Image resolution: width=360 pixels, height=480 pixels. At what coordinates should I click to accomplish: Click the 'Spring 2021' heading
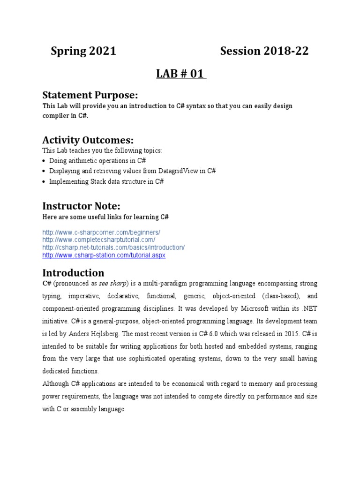pyautogui.click(x=83, y=52)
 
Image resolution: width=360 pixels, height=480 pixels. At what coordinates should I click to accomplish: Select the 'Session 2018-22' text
pyautogui.click(x=264, y=52)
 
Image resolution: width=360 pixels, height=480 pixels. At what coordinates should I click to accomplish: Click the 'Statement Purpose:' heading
pyautogui.click(x=90, y=95)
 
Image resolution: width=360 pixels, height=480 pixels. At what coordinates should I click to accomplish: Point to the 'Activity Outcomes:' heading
pyautogui.click(x=88, y=140)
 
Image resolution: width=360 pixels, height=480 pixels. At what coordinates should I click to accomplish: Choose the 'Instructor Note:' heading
pyautogui.click(x=82, y=206)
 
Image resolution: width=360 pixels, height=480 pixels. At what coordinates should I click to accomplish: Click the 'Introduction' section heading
pyautogui.click(x=73, y=273)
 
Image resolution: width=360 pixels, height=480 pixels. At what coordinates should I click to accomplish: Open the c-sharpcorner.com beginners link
pyautogui.click(x=101, y=232)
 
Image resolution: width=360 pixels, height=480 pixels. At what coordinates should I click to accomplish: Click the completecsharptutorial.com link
pyautogui.click(x=98, y=240)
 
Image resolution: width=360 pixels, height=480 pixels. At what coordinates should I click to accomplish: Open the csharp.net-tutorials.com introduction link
pyautogui.click(x=113, y=247)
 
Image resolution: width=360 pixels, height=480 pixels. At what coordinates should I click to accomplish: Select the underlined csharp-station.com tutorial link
pyautogui.click(x=104, y=255)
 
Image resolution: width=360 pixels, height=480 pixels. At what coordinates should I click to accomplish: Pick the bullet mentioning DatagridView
pyautogui.click(x=132, y=171)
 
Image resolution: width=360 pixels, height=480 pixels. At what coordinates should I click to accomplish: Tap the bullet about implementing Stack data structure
pyautogui.click(x=106, y=181)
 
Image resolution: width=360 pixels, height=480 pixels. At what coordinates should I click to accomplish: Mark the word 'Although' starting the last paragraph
pyautogui.click(x=56, y=383)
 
